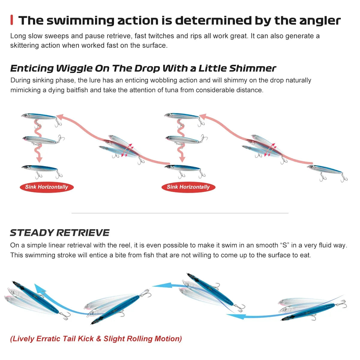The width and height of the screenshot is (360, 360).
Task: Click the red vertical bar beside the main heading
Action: pyautogui.click(x=12, y=20)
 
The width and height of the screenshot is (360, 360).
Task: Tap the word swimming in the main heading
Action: pyautogui.click(x=80, y=21)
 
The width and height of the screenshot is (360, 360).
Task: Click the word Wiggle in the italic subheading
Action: pyautogui.click(x=74, y=68)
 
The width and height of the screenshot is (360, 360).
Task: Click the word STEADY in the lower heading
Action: pyautogui.click(x=32, y=233)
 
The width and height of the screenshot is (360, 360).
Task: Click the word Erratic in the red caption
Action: pyautogui.click(x=49, y=339)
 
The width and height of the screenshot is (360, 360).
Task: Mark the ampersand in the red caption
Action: pyautogui.click(x=99, y=339)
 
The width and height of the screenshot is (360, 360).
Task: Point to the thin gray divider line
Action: pyautogui.click(x=180, y=213)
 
